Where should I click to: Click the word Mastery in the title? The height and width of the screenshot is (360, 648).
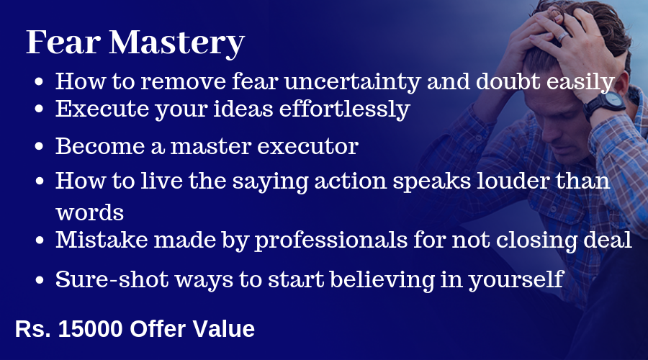pyautogui.click(x=177, y=43)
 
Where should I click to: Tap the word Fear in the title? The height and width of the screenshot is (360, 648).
pyautogui.click(x=63, y=42)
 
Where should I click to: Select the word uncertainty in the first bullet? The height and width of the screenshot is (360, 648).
pyautogui.click(x=352, y=81)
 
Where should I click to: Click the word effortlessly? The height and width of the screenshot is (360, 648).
pyautogui.click(x=345, y=109)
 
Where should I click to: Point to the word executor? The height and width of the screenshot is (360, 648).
pyautogui.click(x=307, y=147)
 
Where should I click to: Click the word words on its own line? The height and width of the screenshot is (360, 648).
pyautogui.click(x=90, y=213)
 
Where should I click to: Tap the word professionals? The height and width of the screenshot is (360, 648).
pyautogui.click(x=330, y=240)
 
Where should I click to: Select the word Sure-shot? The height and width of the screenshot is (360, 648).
pyautogui.click(x=112, y=279)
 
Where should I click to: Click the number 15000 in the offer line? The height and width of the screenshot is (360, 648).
pyautogui.click(x=91, y=329)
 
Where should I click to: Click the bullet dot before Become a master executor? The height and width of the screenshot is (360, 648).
pyautogui.click(x=40, y=147)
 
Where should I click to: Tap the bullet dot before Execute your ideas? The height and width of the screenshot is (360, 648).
pyautogui.click(x=40, y=109)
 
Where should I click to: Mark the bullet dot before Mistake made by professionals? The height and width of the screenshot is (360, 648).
pyautogui.click(x=40, y=240)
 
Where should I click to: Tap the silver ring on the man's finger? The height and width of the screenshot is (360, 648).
pyautogui.click(x=563, y=37)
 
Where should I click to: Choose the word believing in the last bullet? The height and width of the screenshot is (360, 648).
pyautogui.click(x=382, y=280)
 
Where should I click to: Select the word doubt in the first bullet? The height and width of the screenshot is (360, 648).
pyautogui.click(x=508, y=81)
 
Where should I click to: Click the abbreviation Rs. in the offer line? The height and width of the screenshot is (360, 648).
pyautogui.click(x=32, y=329)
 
